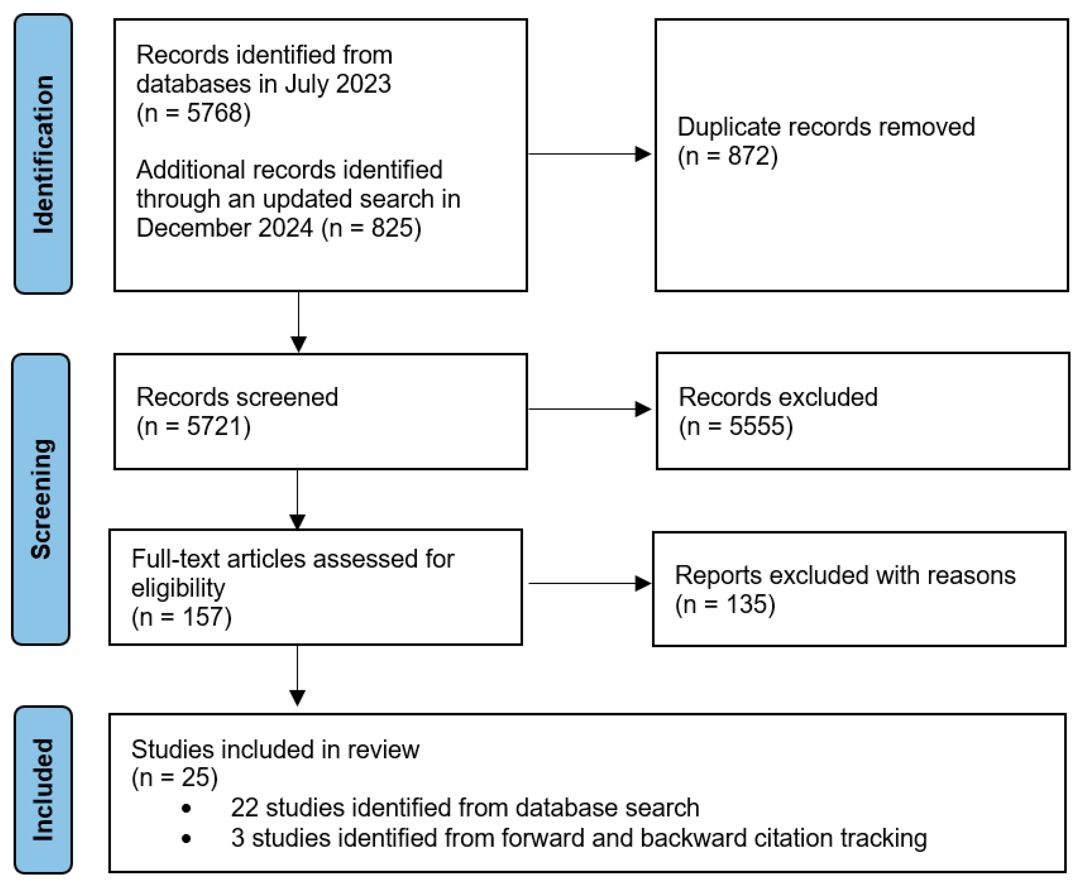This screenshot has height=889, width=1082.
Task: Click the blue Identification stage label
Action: tap(43, 154)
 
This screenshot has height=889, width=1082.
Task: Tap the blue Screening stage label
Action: tap(41, 499)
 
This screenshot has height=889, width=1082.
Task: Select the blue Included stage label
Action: tap(43, 790)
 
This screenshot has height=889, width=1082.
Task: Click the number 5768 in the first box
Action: tap(214, 113)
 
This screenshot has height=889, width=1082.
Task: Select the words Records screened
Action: tap(237, 397)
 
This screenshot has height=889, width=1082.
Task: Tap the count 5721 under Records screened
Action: tap(214, 426)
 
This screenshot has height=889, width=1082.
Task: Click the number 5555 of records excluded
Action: tap(757, 426)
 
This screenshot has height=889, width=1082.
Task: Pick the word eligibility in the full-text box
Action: tap(178, 588)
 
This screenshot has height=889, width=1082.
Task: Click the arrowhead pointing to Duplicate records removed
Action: tap(642, 154)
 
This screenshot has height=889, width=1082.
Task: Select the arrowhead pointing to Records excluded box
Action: tap(642, 409)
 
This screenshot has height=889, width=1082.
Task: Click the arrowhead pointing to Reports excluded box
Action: tap(642, 583)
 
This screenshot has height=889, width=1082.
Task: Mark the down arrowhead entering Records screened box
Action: tap(298, 343)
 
